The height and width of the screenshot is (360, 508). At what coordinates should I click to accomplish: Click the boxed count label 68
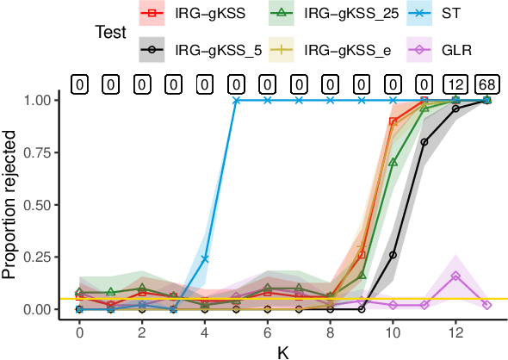tap(486, 84)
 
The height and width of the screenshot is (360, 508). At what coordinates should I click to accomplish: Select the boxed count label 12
tap(455, 84)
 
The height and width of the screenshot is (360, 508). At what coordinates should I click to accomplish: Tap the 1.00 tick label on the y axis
tap(39, 100)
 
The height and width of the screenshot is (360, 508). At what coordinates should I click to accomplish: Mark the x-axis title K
tap(282, 351)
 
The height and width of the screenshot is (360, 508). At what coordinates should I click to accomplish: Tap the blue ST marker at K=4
tap(205, 258)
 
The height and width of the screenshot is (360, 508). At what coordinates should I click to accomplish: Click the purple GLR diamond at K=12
tap(455, 276)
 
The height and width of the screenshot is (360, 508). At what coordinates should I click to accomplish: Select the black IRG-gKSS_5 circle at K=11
tap(424, 142)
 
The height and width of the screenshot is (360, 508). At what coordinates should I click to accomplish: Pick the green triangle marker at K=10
tap(393, 162)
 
